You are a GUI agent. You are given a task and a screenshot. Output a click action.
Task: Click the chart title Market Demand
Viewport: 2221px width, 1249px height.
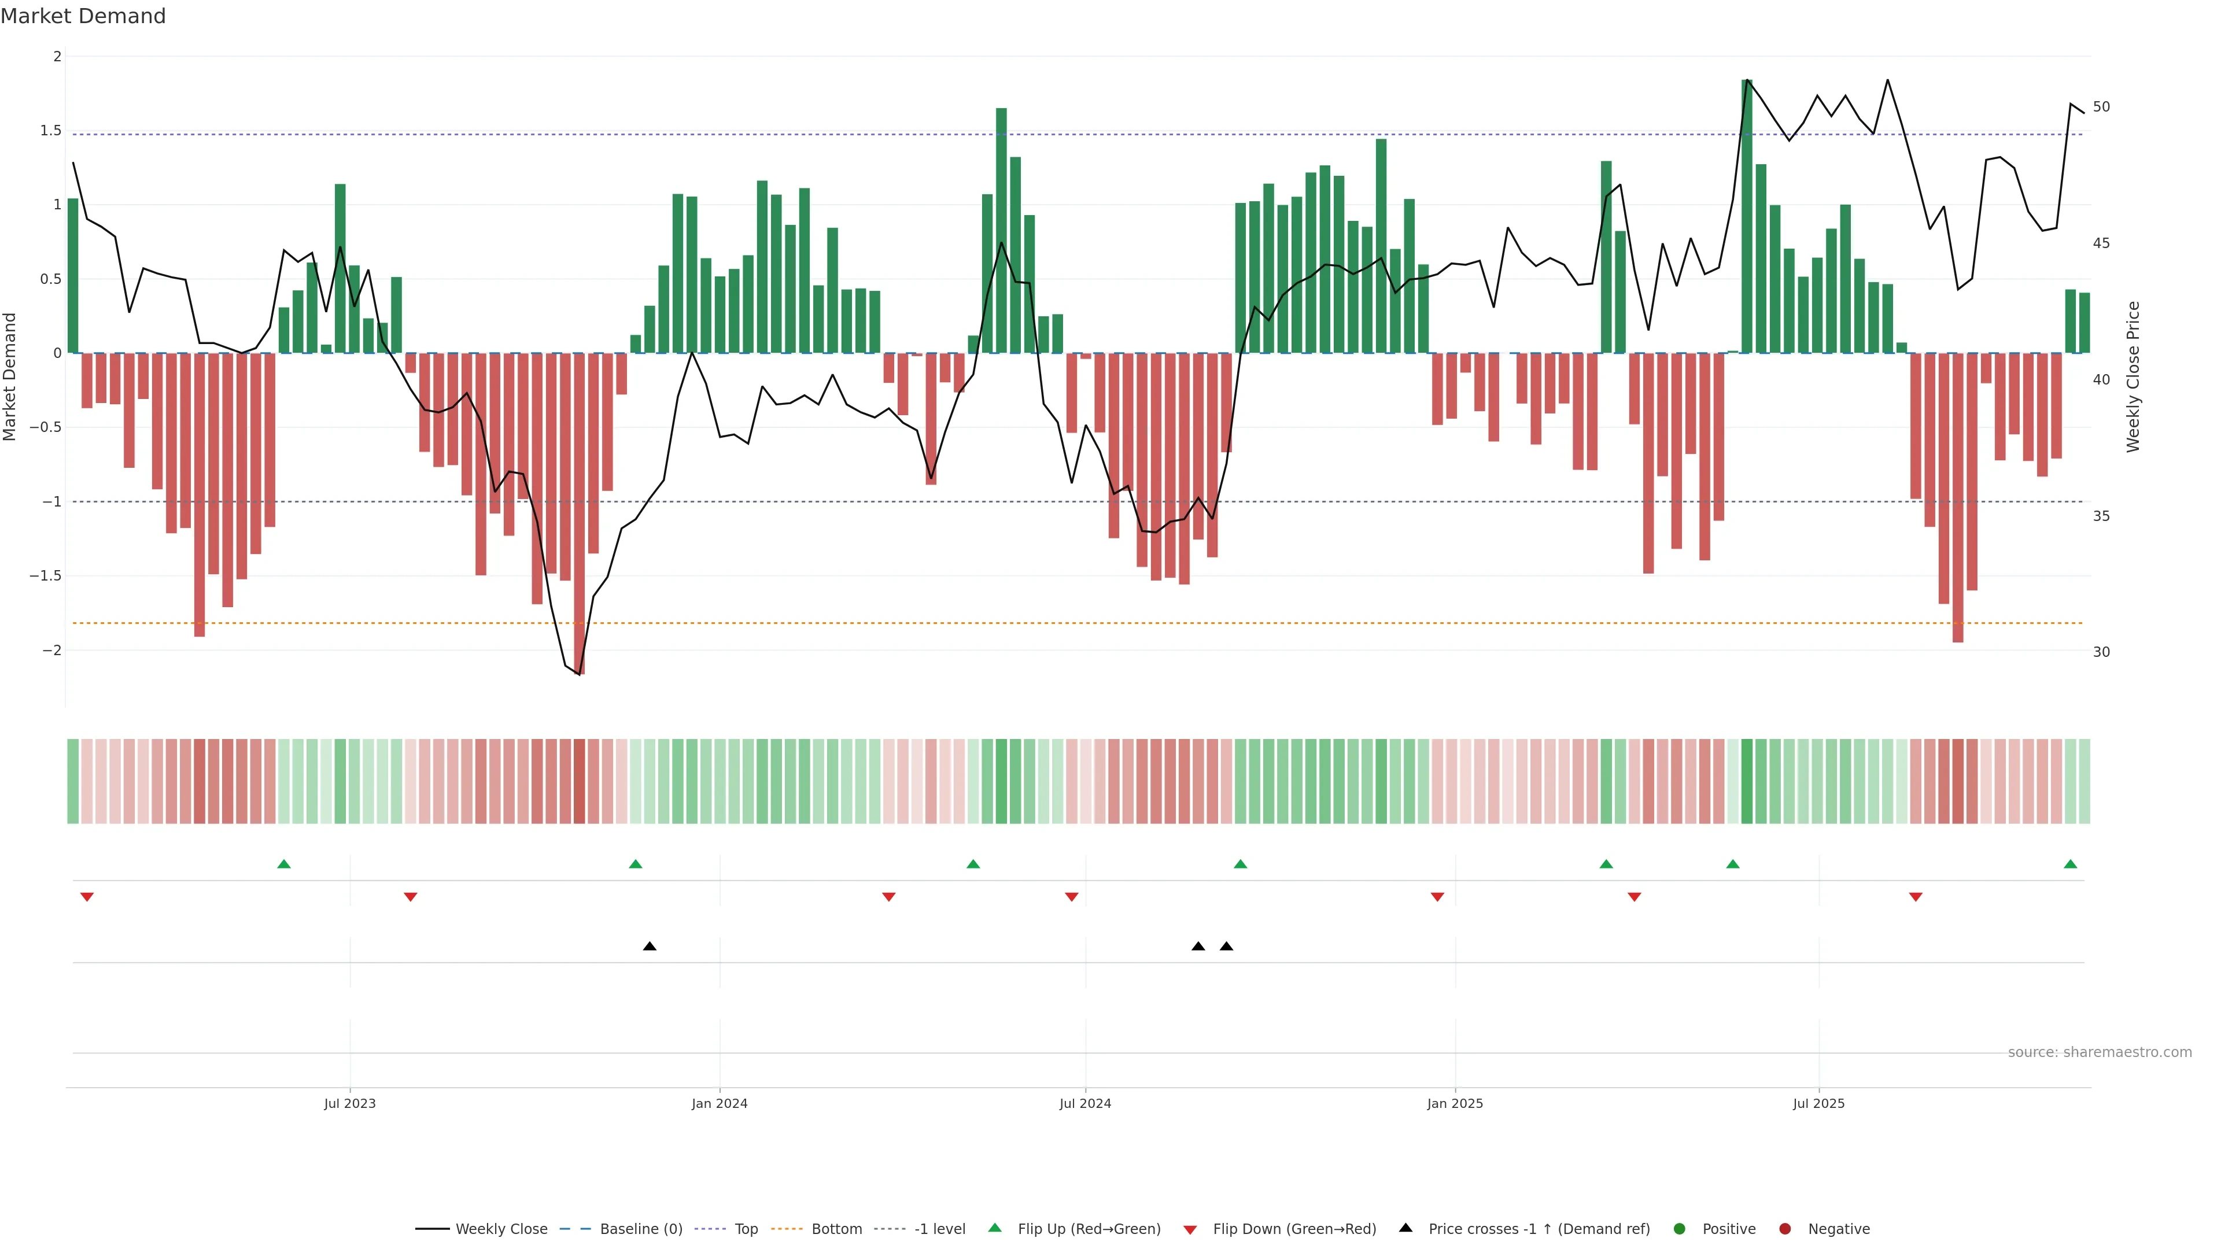click(83, 16)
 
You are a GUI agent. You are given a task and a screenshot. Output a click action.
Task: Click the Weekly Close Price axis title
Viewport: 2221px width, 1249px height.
click(2133, 376)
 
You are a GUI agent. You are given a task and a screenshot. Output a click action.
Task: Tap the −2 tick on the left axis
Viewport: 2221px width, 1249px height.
click(51, 650)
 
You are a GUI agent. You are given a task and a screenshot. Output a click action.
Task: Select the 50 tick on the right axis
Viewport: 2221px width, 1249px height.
click(2101, 107)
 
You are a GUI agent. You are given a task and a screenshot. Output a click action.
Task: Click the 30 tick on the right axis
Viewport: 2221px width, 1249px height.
click(2101, 652)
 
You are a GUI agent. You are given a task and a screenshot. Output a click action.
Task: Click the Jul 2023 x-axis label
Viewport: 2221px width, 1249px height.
click(349, 1103)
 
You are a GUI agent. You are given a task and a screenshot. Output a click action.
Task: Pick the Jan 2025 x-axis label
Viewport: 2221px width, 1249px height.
click(1455, 1103)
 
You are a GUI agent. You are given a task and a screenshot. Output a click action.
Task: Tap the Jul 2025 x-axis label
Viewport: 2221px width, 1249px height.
click(1818, 1103)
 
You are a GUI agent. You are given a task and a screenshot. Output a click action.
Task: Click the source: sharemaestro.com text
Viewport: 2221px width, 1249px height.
click(2100, 1052)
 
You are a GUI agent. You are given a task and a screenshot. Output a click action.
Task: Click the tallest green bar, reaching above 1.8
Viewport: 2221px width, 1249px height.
click(1747, 216)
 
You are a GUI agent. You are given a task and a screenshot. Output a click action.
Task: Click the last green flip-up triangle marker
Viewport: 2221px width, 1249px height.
click(2070, 864)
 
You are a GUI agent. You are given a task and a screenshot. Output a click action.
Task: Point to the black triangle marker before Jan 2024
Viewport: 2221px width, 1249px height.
click(650, 947)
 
